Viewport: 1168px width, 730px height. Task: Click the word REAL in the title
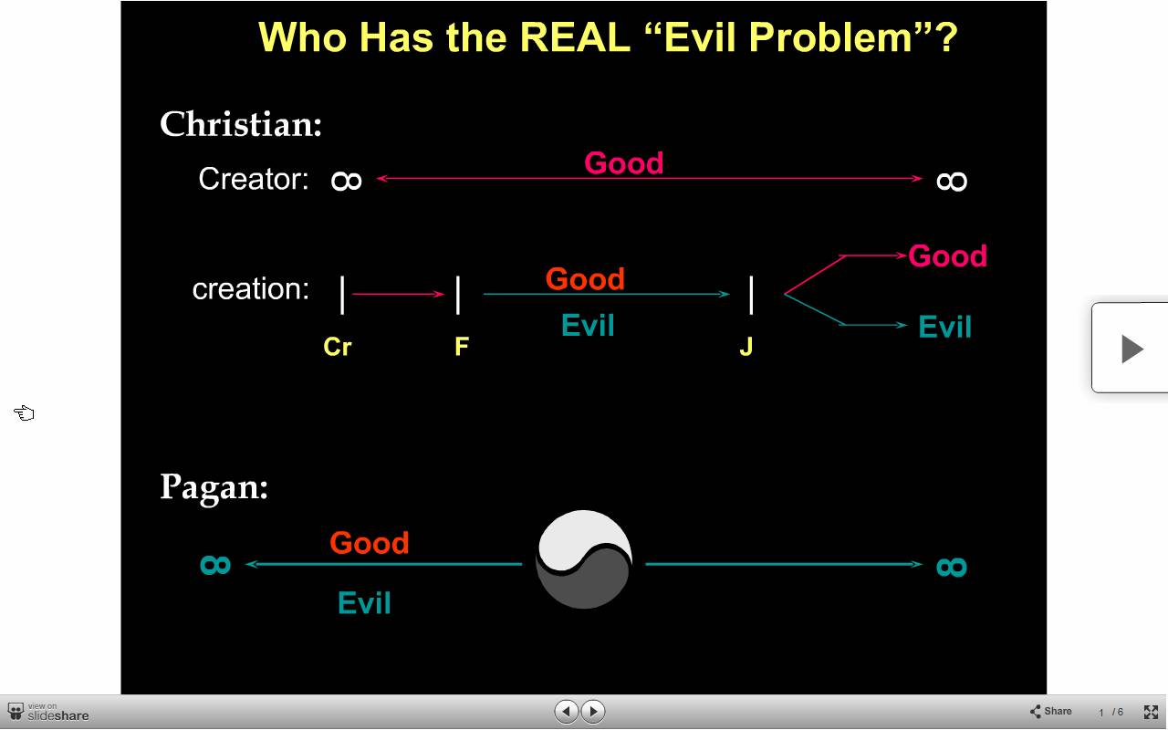(575, 37)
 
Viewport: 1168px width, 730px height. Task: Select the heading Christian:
(241, 125)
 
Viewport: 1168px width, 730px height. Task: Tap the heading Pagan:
(214, 488)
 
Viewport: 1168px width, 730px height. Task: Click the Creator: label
(254, 179)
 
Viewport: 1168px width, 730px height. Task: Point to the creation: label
(251, 289)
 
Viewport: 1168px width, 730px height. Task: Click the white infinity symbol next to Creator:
(346, 181)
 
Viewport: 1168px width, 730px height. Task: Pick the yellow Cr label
(338, 346)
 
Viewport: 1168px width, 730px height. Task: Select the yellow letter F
(462, 346)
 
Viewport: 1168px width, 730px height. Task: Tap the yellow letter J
(746, 346)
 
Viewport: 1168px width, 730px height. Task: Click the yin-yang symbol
(584, 559)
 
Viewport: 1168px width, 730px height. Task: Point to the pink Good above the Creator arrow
(623, 162)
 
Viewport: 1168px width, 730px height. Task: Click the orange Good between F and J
(585, 278)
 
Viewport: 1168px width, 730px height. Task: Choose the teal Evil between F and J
(588, 326)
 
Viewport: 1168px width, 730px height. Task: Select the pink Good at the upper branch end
(947, 256)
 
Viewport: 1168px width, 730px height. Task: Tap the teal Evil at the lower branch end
(944, 327)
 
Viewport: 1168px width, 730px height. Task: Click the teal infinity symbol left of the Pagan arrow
(215, 565)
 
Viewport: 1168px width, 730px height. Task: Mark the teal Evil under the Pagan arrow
(364, 603)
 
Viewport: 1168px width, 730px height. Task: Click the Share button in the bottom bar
(1050, 711)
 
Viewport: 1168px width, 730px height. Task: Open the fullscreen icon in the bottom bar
(1151, 712)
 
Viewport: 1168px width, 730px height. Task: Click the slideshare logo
(48, 713)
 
